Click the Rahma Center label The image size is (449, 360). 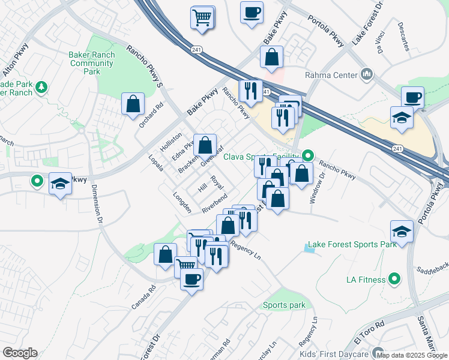coord(330,75)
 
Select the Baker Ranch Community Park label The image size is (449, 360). coord(91,62)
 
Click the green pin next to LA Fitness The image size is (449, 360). coord(394,278)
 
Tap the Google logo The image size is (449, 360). coord(20,353)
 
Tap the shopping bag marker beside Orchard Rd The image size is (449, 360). coord(132,104)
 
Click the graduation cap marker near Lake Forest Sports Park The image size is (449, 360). coord(402,231)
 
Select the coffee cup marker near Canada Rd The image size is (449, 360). coord(191,279)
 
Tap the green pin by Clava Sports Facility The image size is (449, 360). coord(308,156)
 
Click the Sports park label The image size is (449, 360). coord(284,305)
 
